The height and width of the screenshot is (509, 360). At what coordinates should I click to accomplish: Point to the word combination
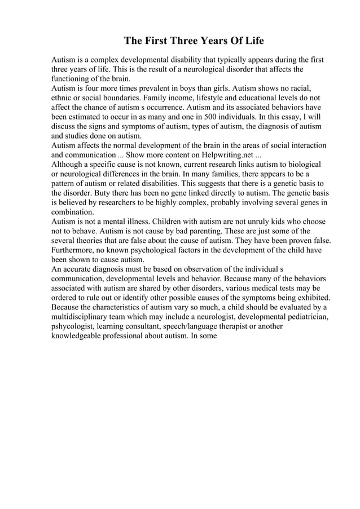(x=72, y=212)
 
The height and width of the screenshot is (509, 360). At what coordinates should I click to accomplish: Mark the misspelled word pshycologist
(x=76, y=326)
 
